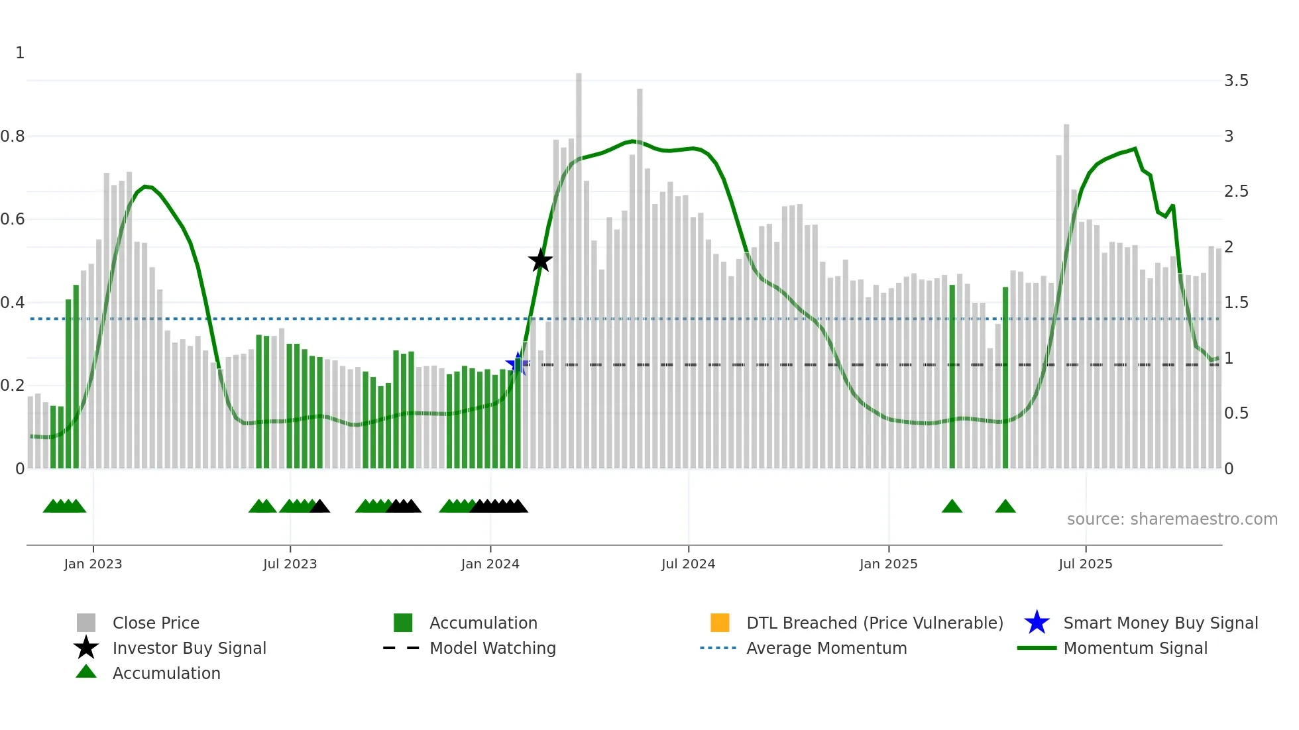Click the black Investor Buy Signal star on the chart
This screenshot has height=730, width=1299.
(x=540, y=260)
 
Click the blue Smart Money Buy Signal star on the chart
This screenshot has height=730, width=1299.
(x=517, y=363)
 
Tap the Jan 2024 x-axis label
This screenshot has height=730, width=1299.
(x=490, y=564)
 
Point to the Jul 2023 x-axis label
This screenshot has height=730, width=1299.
(x=290, y=564)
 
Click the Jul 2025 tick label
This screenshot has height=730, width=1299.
(x=1085, y=564)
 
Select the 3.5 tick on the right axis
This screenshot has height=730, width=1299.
(x=1235, y=81)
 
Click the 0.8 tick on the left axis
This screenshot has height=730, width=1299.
(x=13, y=136)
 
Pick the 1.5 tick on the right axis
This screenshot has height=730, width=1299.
(x=1235, y=303)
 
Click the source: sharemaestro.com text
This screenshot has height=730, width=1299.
(x=1172, y=519)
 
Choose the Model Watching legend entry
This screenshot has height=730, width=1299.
(x=492, y=648)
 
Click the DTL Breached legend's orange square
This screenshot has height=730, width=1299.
(x=720, y=623)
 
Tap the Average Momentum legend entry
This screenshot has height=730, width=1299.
(x=826, y=648)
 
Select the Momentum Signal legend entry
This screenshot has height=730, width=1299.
(x=1135, y=648)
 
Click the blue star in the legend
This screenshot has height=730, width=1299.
(x=1037, y=623)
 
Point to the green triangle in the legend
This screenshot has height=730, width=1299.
(x=86, y=672)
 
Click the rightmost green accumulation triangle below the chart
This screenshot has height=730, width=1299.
(x=1005, y=507)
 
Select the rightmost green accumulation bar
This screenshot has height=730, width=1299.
(x=1005, y=378)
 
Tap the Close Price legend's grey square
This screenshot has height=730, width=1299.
(x=86, y=623)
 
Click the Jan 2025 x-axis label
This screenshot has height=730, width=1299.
(x=888, y=564)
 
